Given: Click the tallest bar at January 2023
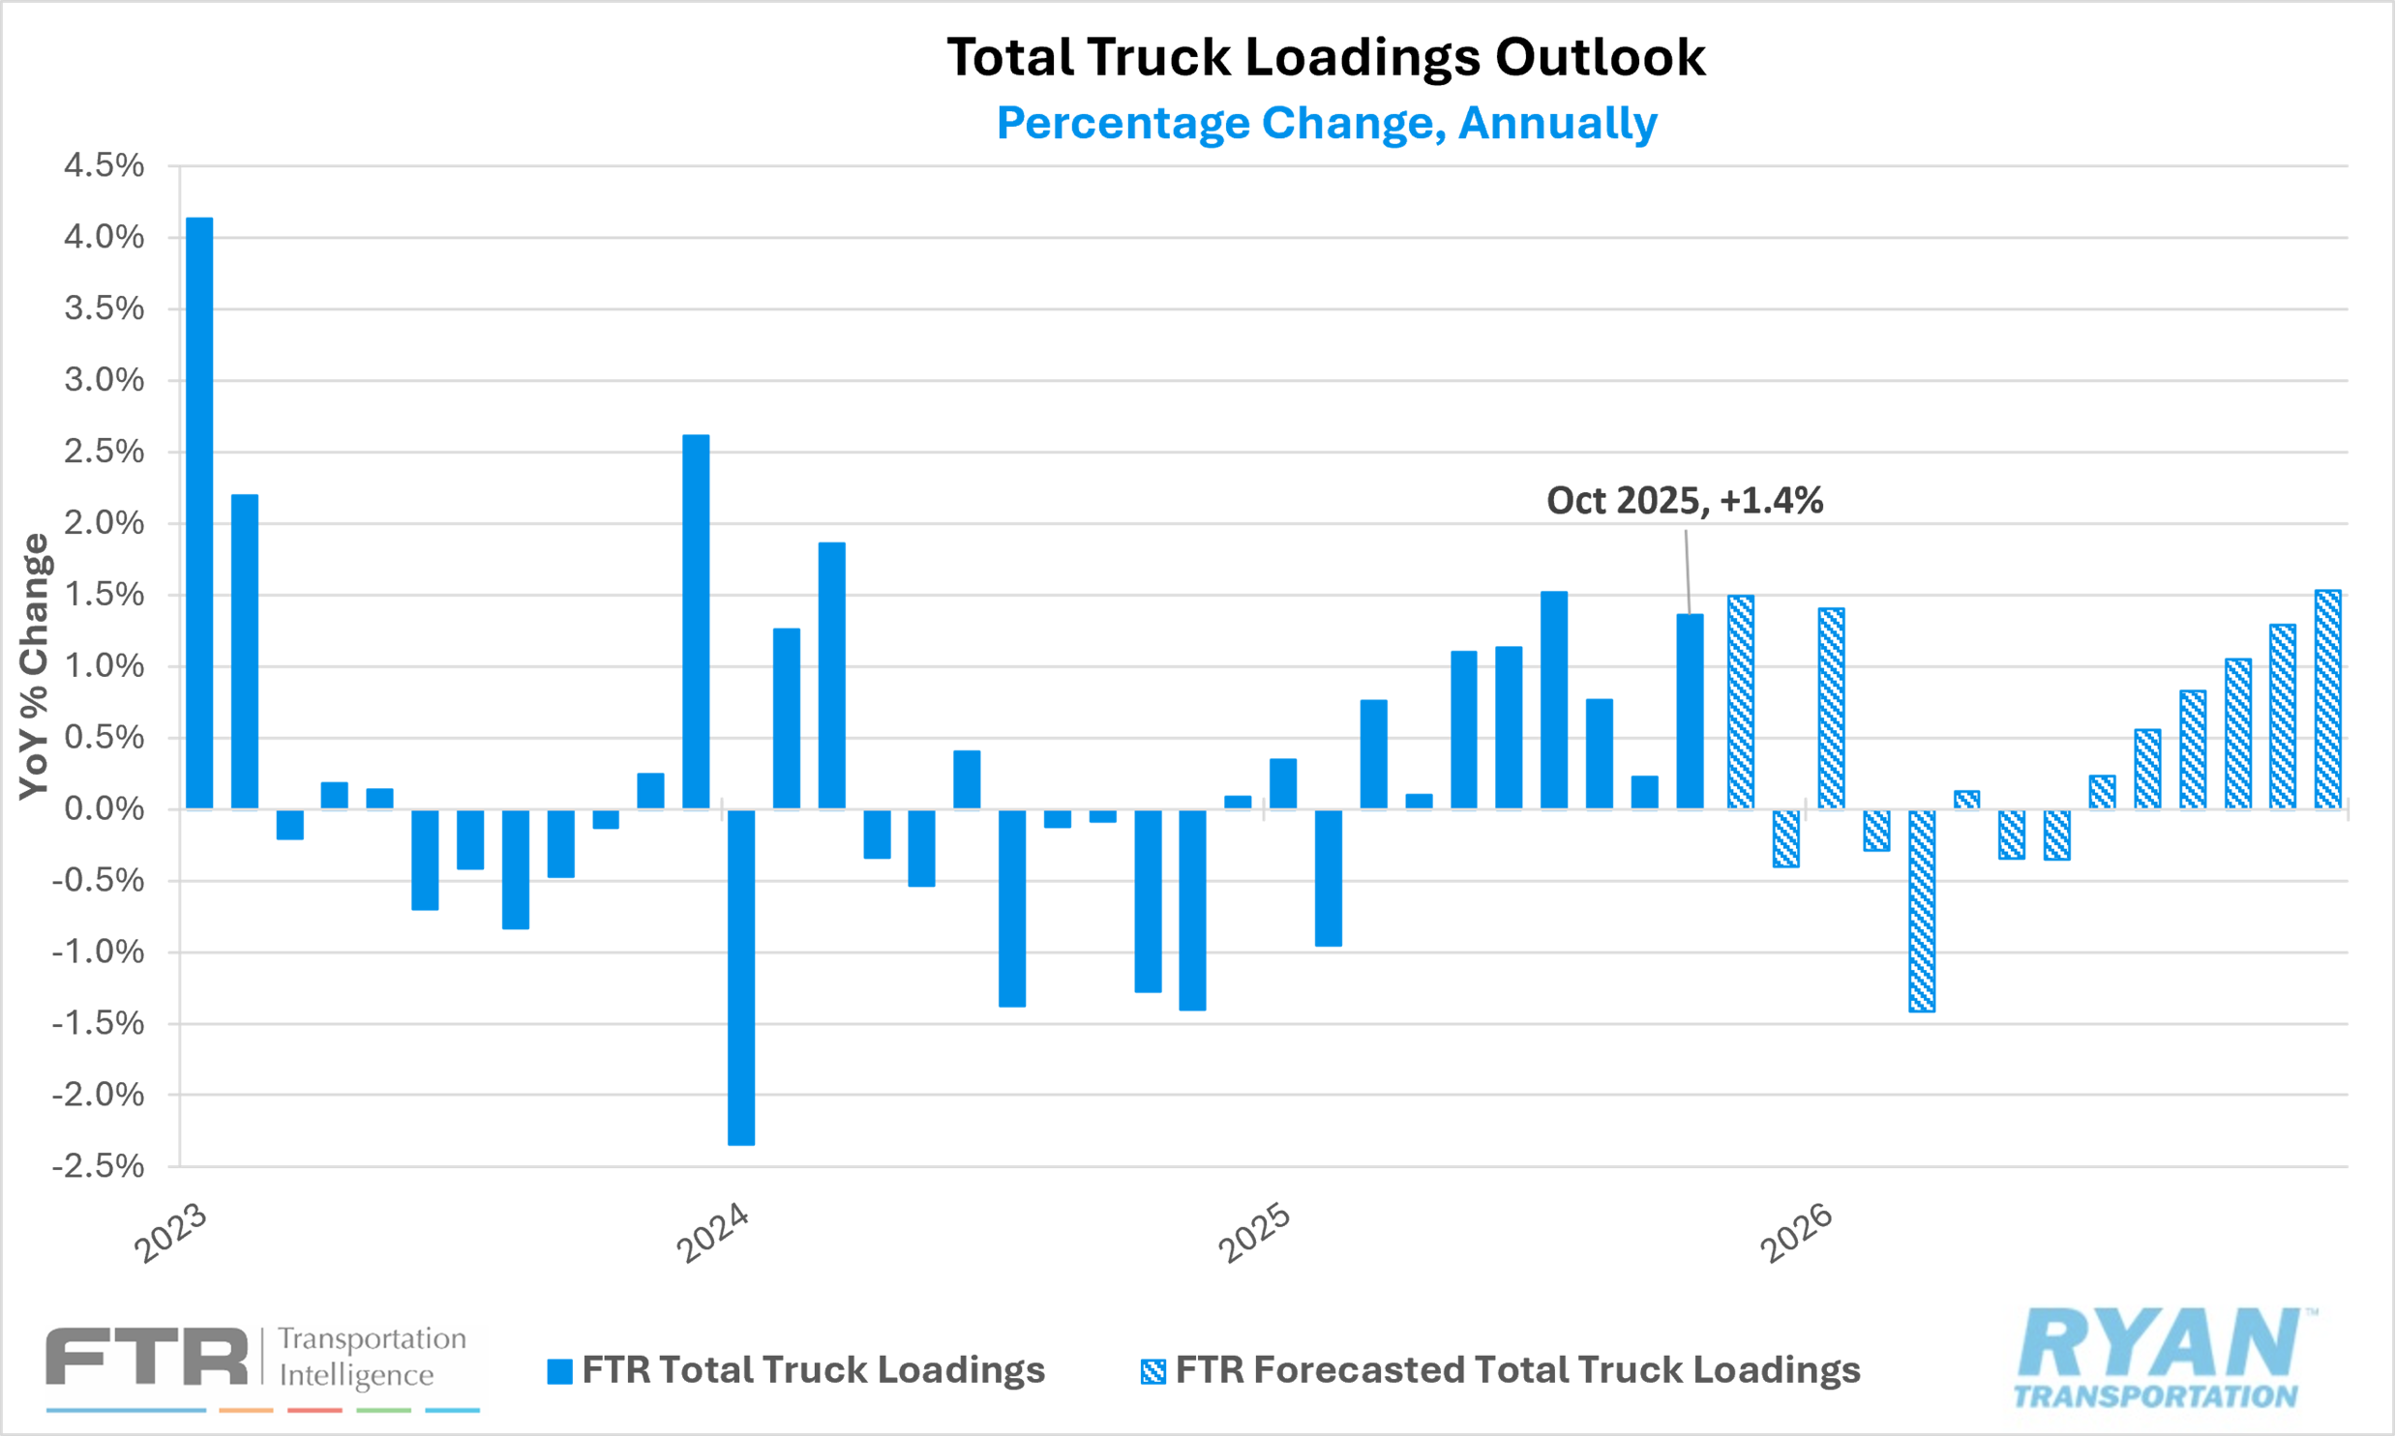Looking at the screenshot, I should click(x=199, y=513).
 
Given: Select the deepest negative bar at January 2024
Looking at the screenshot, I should click(x=741, y=978).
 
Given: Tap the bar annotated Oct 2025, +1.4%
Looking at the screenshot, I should click(x=1690, y=711).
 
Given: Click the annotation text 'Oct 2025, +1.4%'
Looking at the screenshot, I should click(x=1685, y=500).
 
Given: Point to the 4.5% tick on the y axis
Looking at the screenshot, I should click(x=105, y=165).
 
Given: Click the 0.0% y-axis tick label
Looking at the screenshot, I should click(x=105, y=809).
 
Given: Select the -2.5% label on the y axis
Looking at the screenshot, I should click(x=99, y=1165).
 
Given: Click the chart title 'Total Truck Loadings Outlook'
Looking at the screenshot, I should click(x=1326, y=57).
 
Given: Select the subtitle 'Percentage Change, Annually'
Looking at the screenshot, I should click(x=1327, y=123).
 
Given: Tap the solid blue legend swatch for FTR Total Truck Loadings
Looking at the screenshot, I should click(x=559, y=1371).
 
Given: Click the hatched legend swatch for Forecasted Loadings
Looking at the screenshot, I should click(x=1153, y=1371).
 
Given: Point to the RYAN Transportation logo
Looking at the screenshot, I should click(x=2159, y=1358).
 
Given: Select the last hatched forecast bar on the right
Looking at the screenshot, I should click(x=2327, y=699).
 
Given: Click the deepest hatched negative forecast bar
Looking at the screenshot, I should click(x=1922, y=911).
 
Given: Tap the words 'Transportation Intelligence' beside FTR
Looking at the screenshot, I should click(x=372, y=1357).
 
